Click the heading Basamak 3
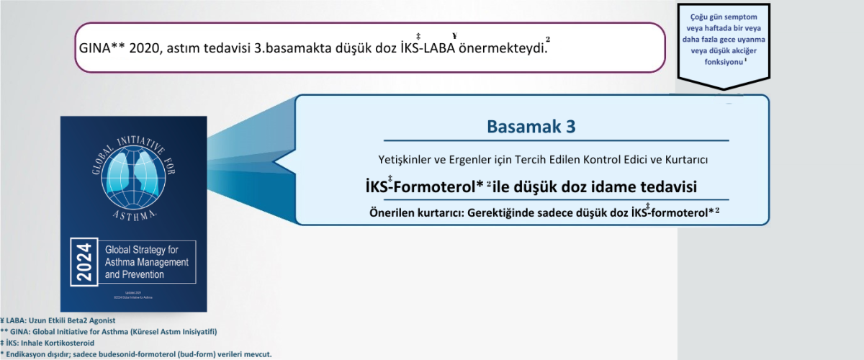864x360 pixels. [x=531, y=127]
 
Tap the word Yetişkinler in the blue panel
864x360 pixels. [x=407, y=158]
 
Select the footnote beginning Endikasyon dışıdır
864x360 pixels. [x=137, y=354]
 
